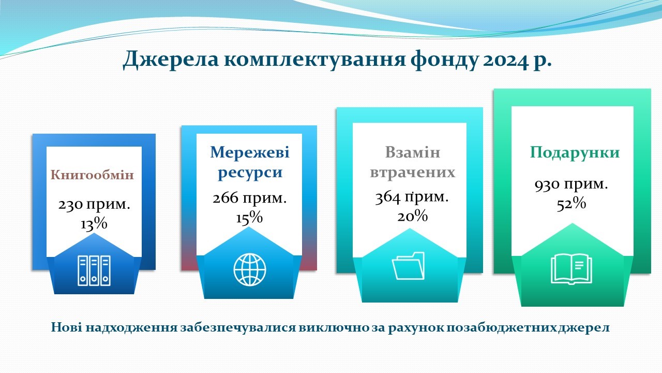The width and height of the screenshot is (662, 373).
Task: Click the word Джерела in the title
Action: click(171, 60)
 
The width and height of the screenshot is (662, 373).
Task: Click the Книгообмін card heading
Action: click(92, 175)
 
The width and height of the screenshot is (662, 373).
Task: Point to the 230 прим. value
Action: click(94, 205)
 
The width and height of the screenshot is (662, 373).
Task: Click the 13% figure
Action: click(94, 224)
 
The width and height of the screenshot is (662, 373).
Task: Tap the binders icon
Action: click(94, 270)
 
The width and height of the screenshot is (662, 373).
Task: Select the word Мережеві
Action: click(250, 152)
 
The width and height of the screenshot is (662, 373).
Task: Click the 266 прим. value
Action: click(249, 198)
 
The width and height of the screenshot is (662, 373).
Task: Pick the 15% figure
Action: click(249, 218)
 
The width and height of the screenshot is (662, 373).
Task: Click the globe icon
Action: click(250, 269)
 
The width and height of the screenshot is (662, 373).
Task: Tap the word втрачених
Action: click(413, 173)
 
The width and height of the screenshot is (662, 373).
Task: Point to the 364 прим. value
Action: click(412, 197)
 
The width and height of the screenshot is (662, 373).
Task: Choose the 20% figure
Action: click(412, 216)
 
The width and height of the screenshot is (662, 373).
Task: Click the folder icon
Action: click(408, 266)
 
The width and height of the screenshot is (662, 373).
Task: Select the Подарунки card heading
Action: click(575, 153)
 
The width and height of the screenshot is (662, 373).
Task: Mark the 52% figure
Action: click(571, 204)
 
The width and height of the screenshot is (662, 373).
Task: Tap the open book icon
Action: click(571, 269)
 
